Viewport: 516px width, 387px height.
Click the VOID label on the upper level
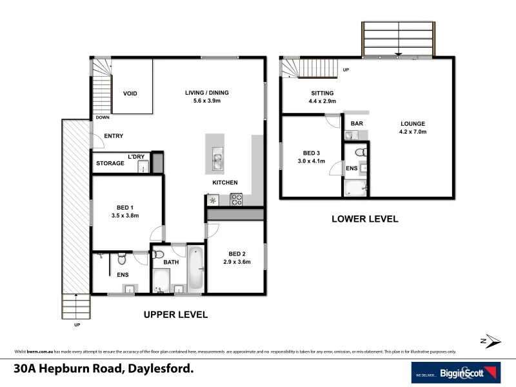click(132, 93)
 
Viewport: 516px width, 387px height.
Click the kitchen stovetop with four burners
click(236, 199)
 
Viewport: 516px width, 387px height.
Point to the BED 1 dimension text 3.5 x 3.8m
click(126, 215)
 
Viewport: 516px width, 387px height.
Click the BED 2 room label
click(236, 253)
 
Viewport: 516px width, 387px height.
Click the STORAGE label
click(110, 164)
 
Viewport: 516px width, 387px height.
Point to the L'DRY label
click(136, 157)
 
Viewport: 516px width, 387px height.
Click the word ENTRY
click(113, 136)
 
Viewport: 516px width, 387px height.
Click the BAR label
click(356, 123)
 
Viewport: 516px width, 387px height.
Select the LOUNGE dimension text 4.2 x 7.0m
click(413, 132)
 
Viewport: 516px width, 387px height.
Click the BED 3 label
click(313, 154)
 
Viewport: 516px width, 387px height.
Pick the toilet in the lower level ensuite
click(361, 153)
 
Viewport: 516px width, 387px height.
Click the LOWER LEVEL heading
click(364, 219)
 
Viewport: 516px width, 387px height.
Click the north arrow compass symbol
click(491, 340)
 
